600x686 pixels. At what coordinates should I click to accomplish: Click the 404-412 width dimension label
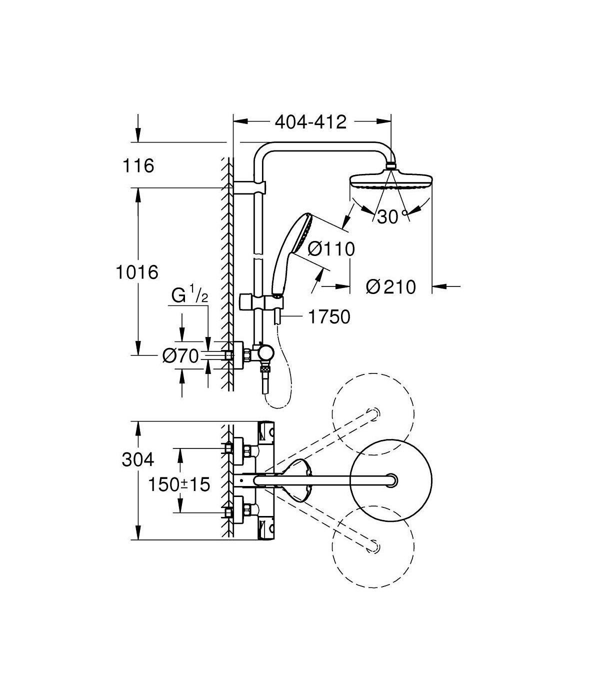310,122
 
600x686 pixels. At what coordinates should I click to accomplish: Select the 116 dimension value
138,165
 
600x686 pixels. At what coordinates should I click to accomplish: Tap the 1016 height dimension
137,272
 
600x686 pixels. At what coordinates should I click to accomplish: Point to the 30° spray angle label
392,216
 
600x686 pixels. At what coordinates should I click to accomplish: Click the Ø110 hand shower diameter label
331,249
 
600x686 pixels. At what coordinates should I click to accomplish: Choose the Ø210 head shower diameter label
391,287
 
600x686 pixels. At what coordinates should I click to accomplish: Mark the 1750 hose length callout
329,317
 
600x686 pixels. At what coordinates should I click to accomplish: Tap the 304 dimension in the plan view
138,459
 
